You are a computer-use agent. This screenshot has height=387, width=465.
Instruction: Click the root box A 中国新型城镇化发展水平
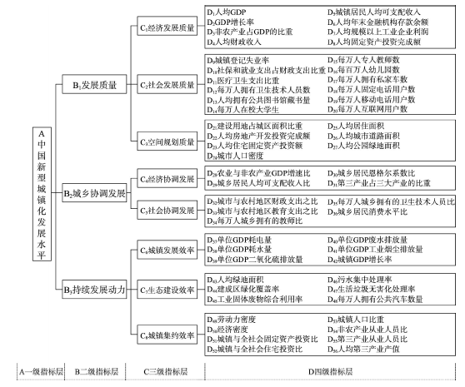click(42, 194)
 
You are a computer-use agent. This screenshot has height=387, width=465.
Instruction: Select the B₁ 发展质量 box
click(94, 84)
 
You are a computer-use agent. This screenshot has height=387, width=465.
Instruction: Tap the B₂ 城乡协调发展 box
click(94, 193)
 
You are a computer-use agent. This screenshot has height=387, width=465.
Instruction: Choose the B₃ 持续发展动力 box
click(94, 289)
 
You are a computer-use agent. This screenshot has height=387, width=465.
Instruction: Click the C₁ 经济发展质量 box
click(167, 26)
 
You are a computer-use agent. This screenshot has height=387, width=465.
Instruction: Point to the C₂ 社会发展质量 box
click(167, 84)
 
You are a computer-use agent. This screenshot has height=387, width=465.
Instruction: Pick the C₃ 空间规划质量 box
click(167, 141)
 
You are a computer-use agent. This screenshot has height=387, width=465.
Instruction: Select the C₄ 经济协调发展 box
click(167, 178)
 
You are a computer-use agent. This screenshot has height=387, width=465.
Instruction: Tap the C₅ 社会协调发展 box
click(167, 210)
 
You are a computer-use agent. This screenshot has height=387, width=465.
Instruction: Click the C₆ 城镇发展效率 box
click(167, 250)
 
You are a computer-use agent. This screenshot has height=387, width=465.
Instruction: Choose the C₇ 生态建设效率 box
click(167, 289)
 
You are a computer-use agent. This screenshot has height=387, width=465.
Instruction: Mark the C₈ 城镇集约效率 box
click(167, 335)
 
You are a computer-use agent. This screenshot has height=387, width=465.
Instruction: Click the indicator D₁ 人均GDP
click(227, 12)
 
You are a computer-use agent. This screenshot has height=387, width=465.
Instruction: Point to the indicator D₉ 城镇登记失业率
click(238, 61)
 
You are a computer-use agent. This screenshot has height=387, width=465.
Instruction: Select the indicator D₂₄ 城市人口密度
click(235, 156)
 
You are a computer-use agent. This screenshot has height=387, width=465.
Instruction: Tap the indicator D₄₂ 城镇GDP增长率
click(360, 260)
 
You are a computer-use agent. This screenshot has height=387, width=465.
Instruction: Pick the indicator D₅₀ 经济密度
click(227, 330)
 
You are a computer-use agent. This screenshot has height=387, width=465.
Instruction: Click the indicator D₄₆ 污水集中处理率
click(360, 280)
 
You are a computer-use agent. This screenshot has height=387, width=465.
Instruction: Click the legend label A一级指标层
click(41, 371)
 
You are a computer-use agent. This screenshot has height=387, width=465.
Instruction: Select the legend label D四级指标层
click(330, 371)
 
